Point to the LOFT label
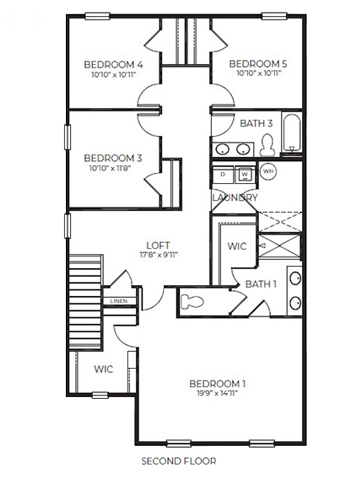pyautogui.click(x=158, y=245)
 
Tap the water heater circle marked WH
pyautogui.click(x=268, y=172)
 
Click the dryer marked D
pyautogui.click(x=223, y=174)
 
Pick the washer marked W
pyautogui.click(x=244, y=174)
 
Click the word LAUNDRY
pyautogui.click(x=235, y=197)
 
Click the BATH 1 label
pyautogui.click(x=261, y=284)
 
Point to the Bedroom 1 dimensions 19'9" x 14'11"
pyautogui.click(x=217, y=393)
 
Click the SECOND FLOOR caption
pyautogui.click(x=179, y=461)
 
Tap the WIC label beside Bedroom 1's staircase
pyautogui.click(x=104, y=368)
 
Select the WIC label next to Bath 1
pyautogui.click(x=237, y=246)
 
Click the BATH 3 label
pyautogui.click(x=256, y=123)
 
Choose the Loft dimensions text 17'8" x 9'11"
pyautogui.click(x=158, y=254)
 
